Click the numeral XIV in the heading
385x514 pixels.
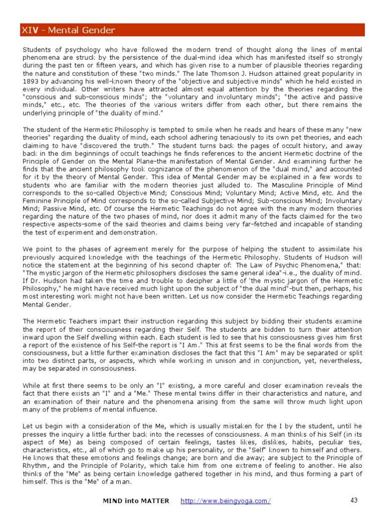click(30, 31)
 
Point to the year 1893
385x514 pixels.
click(32, 81)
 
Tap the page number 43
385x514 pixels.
click(354, 500)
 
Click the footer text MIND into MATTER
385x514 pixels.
click(136, 501)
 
